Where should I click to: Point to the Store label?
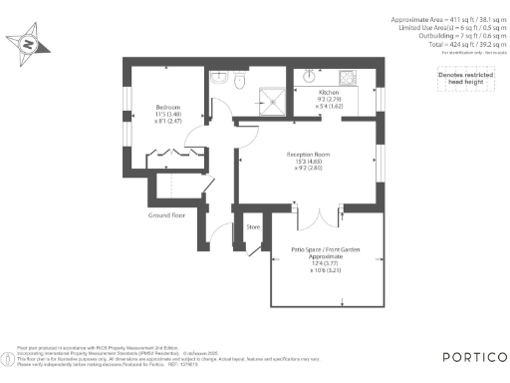pyautogui.click(x=253, y=227)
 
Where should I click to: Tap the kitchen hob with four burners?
pyautogui.click(x=349, y=77)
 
